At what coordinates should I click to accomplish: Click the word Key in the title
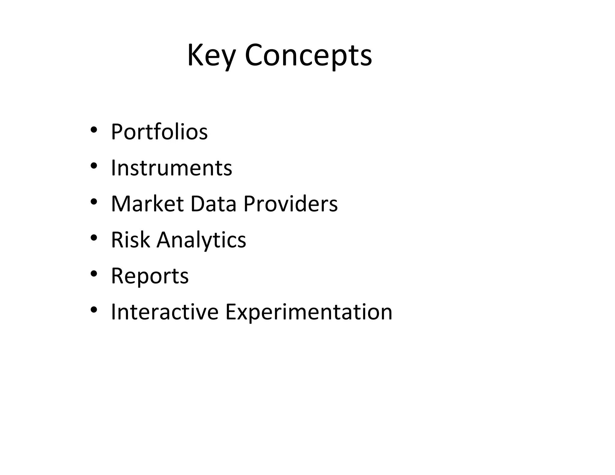click(210, 56)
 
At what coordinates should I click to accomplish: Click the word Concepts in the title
click(308, 56)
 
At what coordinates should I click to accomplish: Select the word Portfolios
click(159, 132)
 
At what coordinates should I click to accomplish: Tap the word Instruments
click(171, 168)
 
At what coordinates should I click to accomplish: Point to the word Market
click(147, 204)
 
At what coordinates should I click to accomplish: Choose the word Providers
click(290, 204)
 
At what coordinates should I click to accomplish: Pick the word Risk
click(130, 240)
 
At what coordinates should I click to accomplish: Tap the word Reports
click(150, 276)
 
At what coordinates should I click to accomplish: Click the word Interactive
click(165, 312)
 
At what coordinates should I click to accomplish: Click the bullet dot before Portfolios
click(94, 130)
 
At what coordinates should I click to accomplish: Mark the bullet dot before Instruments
click(94, 166)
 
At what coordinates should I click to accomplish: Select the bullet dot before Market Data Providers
click(94, 202)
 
